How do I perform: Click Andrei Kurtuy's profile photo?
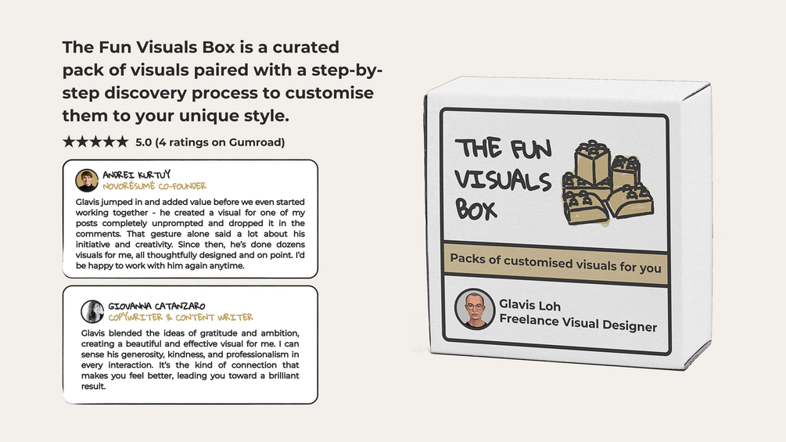point(87,181)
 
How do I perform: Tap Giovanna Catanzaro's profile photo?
point(92,311)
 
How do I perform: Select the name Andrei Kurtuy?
point(136,174)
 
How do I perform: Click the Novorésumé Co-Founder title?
point(154,186)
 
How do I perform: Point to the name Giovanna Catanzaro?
point(156,306)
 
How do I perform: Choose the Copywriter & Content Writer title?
point(181,317)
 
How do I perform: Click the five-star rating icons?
point(95,142)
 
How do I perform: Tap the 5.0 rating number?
point(144,142)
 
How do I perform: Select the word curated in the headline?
point(306,47)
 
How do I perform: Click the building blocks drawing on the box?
point(608,183)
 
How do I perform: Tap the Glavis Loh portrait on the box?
point(474,309)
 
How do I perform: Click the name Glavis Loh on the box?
point(529,304)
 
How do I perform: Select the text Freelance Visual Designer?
point(578,323)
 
